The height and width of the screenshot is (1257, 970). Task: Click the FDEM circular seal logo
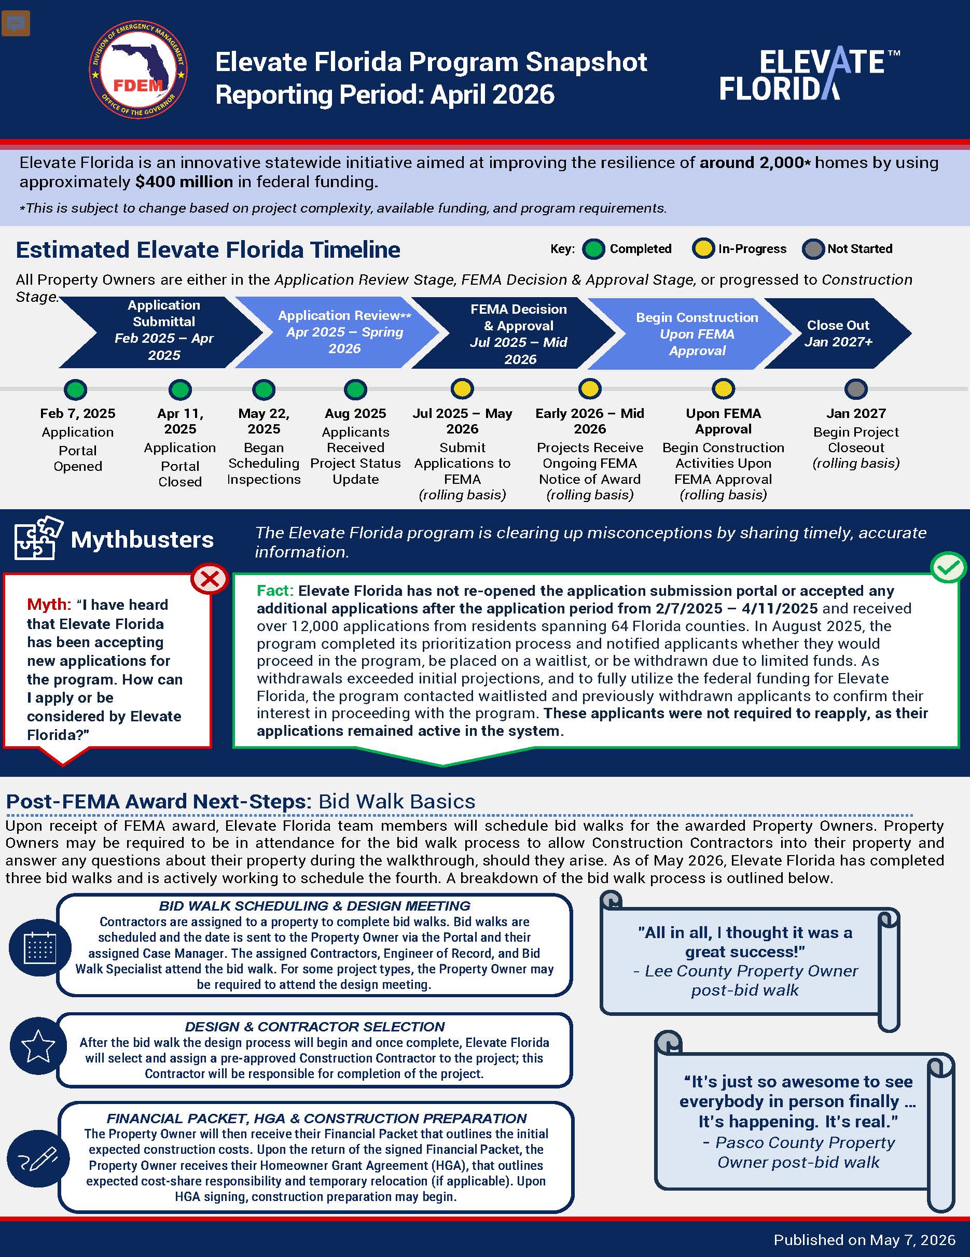pyautogui.click(x=138, y=70)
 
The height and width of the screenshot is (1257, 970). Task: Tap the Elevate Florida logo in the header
pyautogui.click(x=809, y=74)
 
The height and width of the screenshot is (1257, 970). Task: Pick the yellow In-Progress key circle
pyautogui.click(x=703, y=248)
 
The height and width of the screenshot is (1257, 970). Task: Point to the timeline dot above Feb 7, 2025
pyautogui.click(x=75, y=389)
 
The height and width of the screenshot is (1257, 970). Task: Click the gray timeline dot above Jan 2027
pyautogui.click(x=856, y=389)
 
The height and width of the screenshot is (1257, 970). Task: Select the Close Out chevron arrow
pyautogui.click(x=837, y=333)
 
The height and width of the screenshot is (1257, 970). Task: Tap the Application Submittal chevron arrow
pyautogui.click(x=161, y=333)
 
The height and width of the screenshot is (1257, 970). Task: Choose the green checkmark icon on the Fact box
pyautogui.click(x=948, y=567)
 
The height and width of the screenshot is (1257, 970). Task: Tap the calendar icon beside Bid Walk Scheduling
pyautogui.click(x=40, y=947)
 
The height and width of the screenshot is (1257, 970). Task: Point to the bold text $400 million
pyautogui.click(x=184, y=182)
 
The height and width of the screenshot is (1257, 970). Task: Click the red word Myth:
pyautogui.click(x=49, y=604)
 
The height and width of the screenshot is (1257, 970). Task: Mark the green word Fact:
pyautogui.click(x=275, y=591)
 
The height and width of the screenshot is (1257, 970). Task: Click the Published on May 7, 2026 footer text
pyautogui.click(x=864, y=1240)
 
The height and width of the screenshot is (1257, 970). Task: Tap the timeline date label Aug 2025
pyautogui.click(x=355, y=413)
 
